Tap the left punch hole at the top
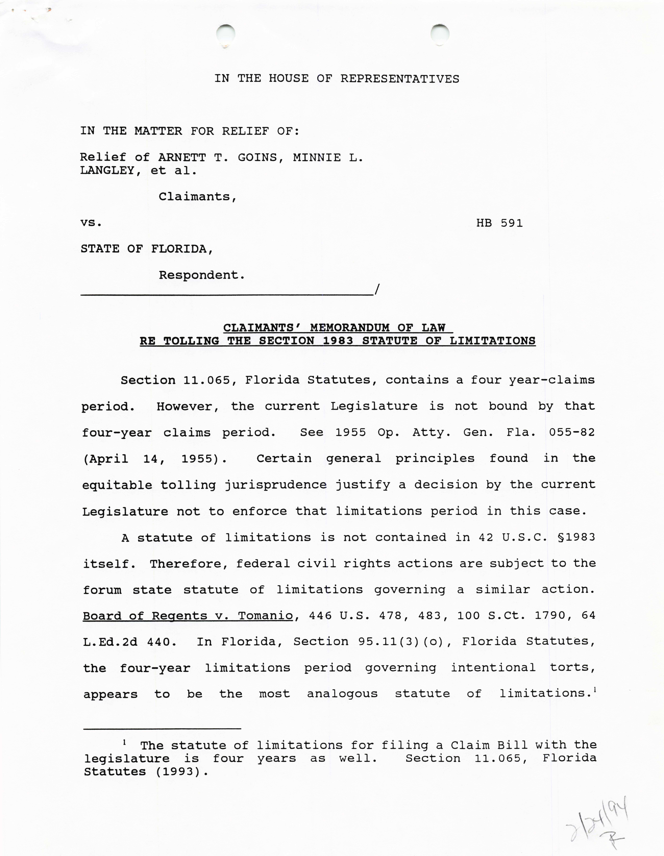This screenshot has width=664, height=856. [226, 34]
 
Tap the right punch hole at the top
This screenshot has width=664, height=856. [440, 34]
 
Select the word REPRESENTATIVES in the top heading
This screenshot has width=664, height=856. [399, 79]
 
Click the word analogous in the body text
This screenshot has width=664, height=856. [342, 694]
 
